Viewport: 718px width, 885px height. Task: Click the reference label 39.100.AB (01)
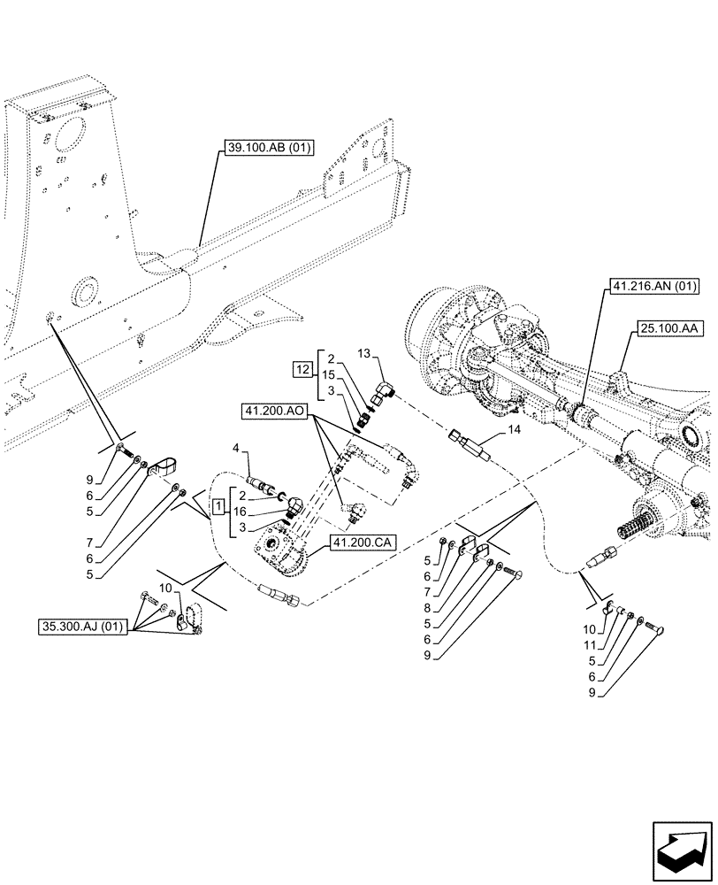[x=263, y=147]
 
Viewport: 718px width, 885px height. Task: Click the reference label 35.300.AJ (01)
[x=83, y=628]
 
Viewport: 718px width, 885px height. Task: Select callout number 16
[x=241, y=512]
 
